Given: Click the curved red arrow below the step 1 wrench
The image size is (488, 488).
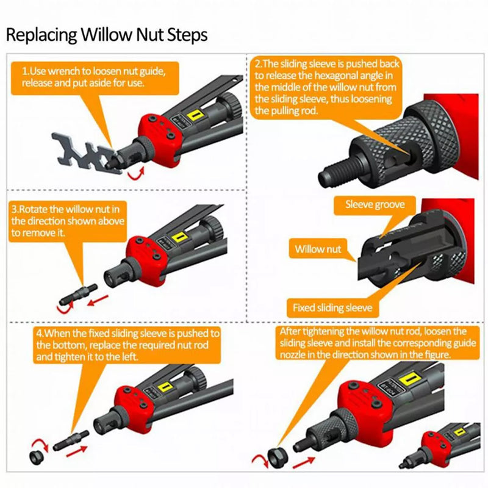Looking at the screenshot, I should click(135, 175).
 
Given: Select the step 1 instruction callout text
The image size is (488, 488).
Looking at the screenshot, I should click(91, 77).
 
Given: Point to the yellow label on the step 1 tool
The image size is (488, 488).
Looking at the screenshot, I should click(195, 115).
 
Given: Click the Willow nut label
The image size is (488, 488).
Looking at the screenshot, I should click(318, 249).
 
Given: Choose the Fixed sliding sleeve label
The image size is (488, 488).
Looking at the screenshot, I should click(332, 307).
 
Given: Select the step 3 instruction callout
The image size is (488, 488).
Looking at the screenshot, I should click(68, 221).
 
